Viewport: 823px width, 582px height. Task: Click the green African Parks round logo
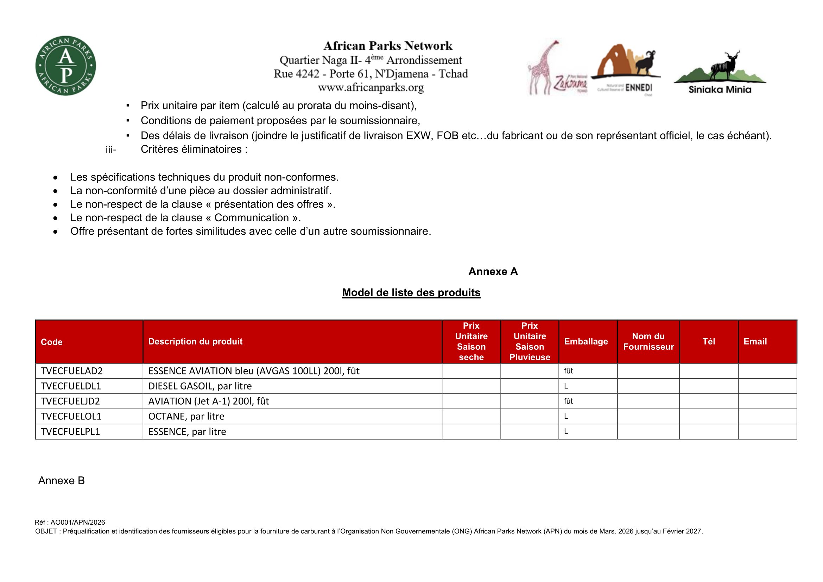tap(65, 66)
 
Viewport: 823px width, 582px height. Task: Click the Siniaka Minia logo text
tap(720, 90)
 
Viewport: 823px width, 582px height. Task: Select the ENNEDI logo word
tap(638, 88)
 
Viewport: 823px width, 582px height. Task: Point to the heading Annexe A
tap(493, 272)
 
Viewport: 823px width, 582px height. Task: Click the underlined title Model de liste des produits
tap(411, 292)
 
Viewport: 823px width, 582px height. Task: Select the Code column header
tap(52, 342)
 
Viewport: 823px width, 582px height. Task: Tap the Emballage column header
tap(586, 342)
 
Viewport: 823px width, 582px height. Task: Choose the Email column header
tap(755, 342)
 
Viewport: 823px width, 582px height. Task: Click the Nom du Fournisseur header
tap(648, 342)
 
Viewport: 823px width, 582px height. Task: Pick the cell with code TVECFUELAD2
tap(72, 371)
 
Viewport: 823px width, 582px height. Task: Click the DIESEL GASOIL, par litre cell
tap(200, 386)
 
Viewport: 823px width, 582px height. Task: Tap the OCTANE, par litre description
tap(186, 416)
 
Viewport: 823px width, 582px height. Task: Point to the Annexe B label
tap(61, 481)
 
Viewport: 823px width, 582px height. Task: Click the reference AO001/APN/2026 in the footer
tap(78, 523)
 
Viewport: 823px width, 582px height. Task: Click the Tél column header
tap(709, 342)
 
